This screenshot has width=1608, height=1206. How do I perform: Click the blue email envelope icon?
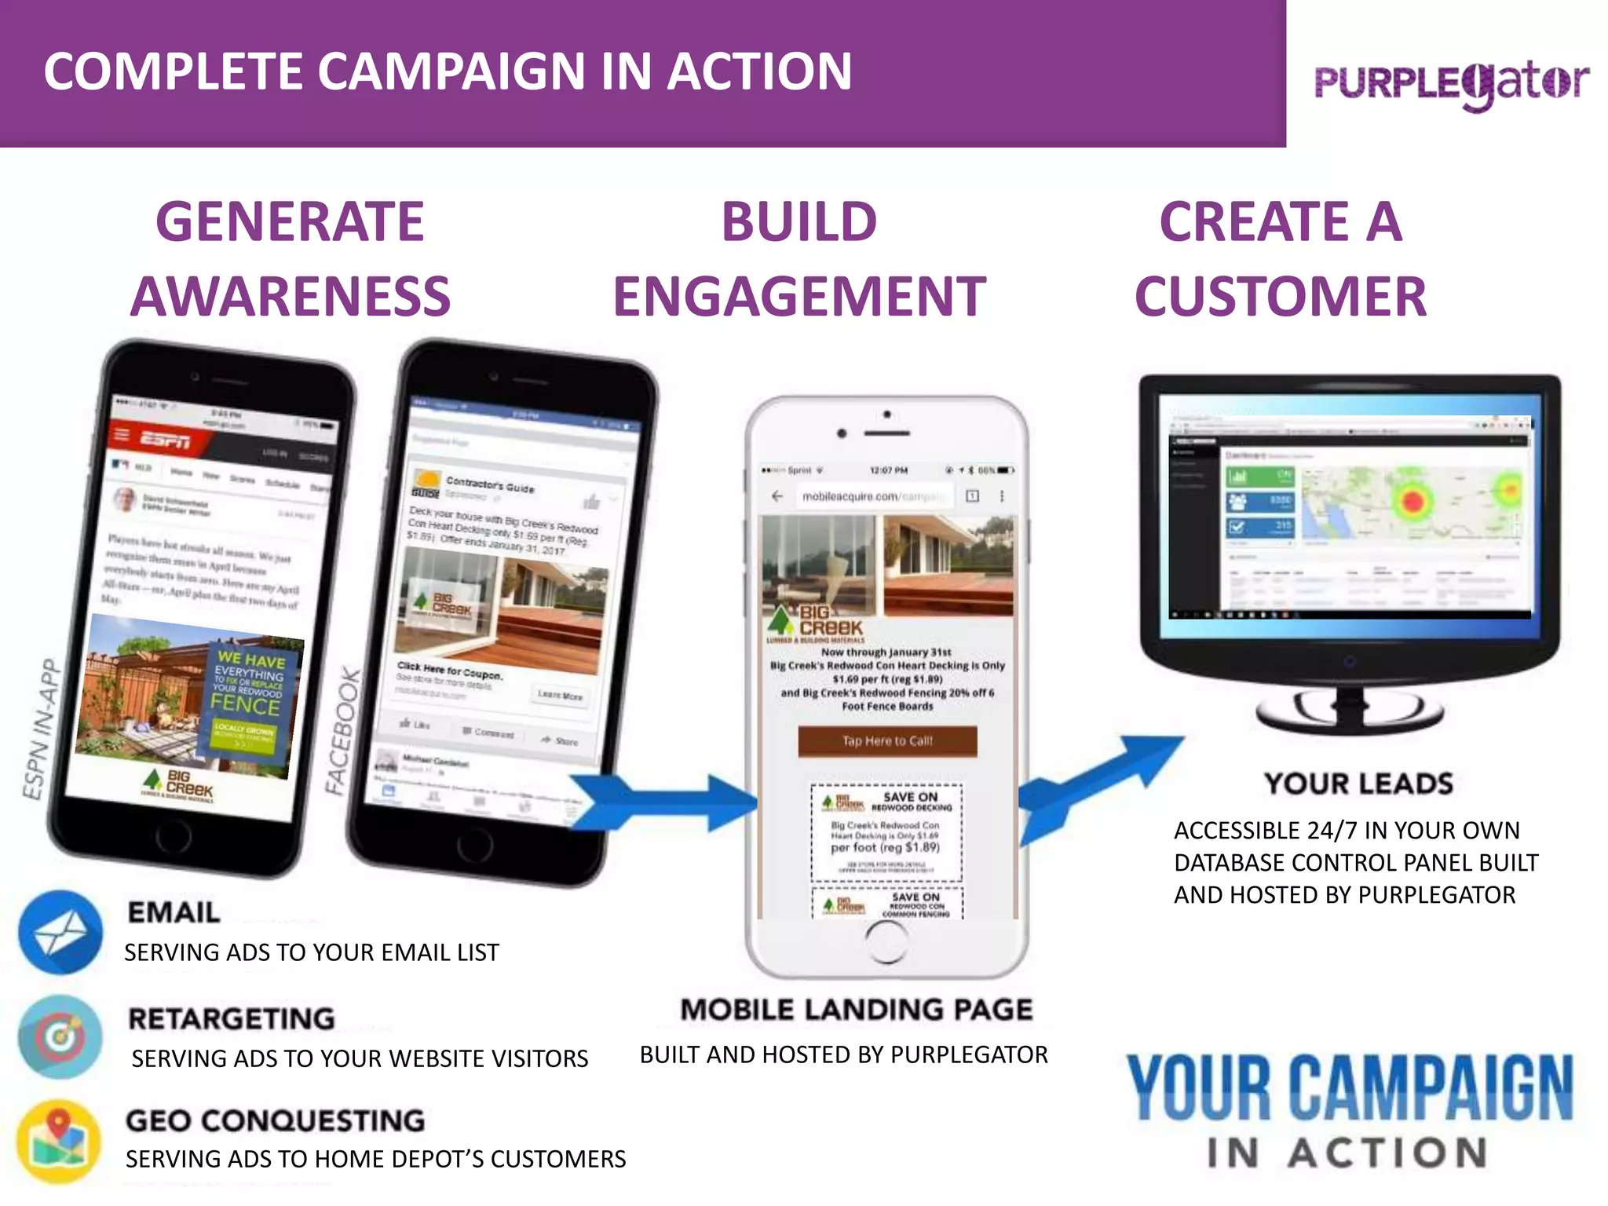point(60,932)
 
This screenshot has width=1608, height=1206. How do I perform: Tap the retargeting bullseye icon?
point(60,1036)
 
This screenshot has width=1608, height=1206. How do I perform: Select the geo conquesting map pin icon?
point(59,1141)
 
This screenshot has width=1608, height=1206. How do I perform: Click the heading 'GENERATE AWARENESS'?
point(291,258)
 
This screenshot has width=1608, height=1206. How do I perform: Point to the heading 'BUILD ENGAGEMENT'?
point(799,258)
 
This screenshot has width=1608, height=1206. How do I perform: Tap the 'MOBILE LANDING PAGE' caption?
point(856,1010)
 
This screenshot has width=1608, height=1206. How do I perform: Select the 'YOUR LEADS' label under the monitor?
point(1358,784)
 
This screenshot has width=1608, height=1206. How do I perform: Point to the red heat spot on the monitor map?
point(1412,500)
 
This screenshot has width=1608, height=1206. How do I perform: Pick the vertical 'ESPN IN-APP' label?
point(40,730)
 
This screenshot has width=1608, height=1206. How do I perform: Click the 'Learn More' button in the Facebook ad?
point(560,696)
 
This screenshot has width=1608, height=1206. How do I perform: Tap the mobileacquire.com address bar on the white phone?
point(872,496)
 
